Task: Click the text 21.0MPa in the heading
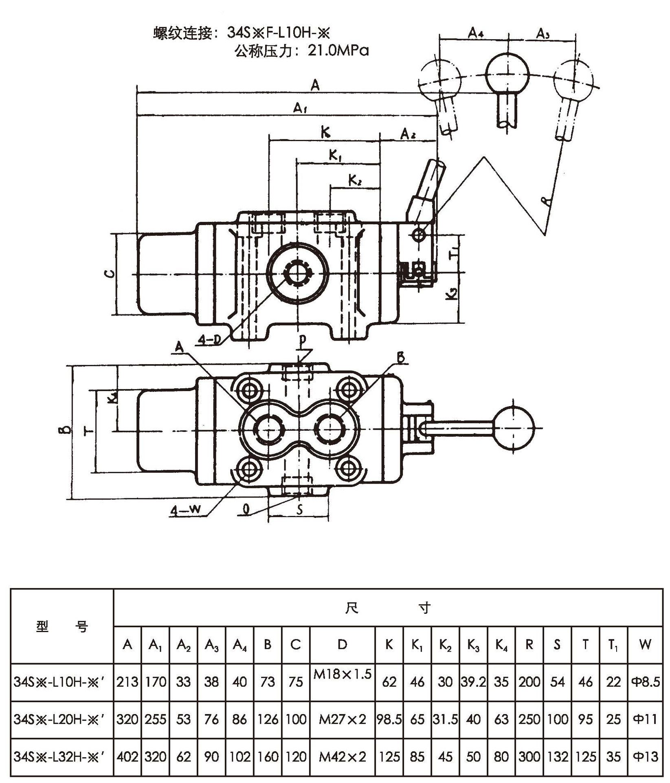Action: pyautogui.click(x=338, y=51)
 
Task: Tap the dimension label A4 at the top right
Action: pyautogui.click(x=475, y=32)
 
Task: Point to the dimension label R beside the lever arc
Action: pyautogui.click(x=548, y=200)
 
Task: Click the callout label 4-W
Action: pyautogui.click(x=185, y=510)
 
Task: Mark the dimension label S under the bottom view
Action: pyautogui.click(x=300, y=509)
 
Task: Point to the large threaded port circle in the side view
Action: pyautogui.click(x=298, y=273)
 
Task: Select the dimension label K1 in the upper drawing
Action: pyautogui.click(x=335, y=156)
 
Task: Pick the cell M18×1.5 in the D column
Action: pyautogui.click(x=342, y=675)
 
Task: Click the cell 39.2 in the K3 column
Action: pyautogui.click(x=473, y=682)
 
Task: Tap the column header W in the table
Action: pyautogui.click(x=645, y=645)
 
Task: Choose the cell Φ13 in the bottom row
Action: pyautogui.click(x=645, y=757)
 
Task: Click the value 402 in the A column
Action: pyautogui.click(x=127, y=757)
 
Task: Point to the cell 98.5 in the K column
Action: pyautogui.click(x=389, y=719)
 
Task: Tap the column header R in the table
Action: pyautogui.click(x=529, y=645)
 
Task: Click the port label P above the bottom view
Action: pyautogui.click(x=302, y=339)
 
